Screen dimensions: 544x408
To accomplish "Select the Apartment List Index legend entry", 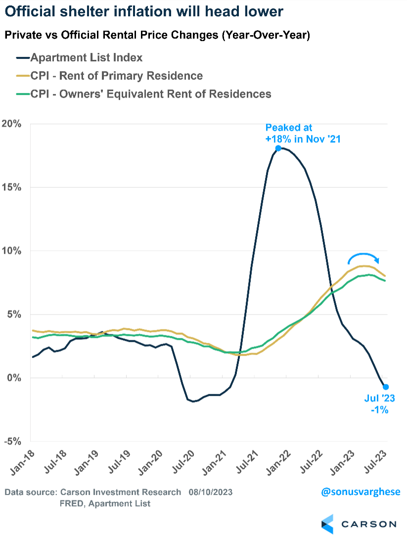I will [86, 58].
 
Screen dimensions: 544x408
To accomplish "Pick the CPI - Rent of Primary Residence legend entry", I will [117, 76].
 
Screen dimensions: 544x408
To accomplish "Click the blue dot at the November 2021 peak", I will [278, 148].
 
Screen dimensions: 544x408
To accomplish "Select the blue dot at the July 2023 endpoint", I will [386, 387].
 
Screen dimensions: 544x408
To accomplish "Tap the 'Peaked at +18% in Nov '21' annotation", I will [303, 134].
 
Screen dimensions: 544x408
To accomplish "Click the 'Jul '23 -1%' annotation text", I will [377, 405].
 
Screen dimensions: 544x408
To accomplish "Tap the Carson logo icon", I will [327, 524].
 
